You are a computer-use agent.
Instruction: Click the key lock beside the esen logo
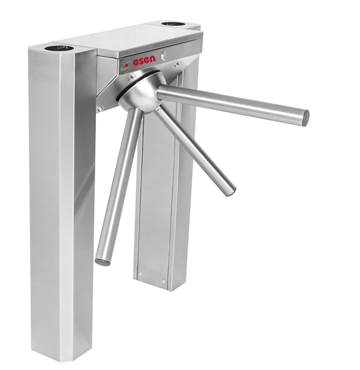tap(164, 55)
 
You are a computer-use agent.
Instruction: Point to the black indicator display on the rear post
tap(173, 23)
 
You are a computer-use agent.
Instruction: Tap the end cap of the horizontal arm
tap(305, 118)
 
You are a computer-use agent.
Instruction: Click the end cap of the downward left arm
tap(103, 262)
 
